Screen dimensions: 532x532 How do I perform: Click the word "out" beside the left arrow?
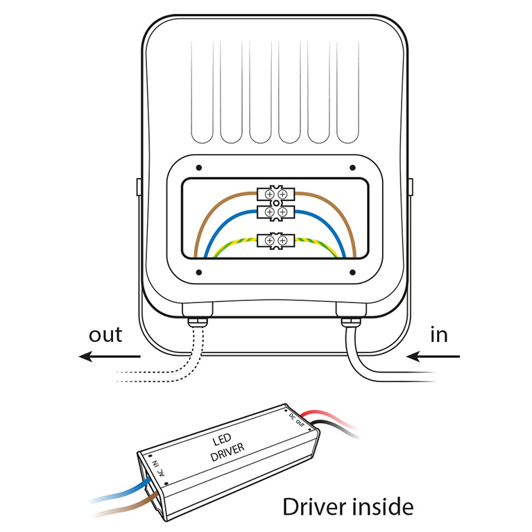pos(105,335)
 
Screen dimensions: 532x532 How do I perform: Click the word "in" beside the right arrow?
pos(439,336)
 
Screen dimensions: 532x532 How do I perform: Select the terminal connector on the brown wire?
pos(275,194)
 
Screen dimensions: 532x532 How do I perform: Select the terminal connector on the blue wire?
pos(275,211)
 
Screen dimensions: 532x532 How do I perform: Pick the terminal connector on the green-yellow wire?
pos(275,240)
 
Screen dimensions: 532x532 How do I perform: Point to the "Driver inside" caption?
pos(348,506)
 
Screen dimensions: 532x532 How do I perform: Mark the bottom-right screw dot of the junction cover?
pos(352,271)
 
